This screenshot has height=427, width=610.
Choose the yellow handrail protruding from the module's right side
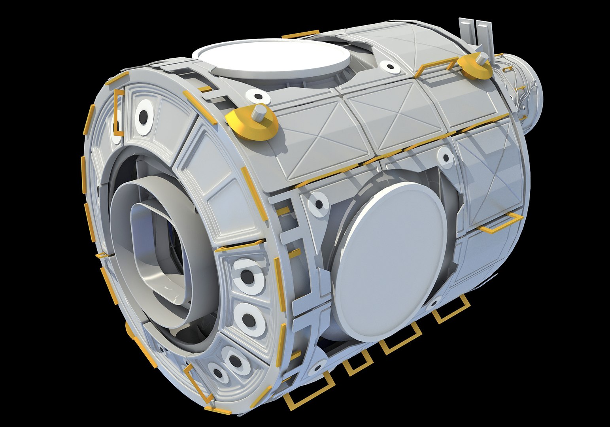click(500, 224)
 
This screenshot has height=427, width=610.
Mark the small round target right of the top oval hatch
click(389, 67)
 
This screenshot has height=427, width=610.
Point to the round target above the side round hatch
click(446, 158)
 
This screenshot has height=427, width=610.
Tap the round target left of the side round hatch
click(319, 204)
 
